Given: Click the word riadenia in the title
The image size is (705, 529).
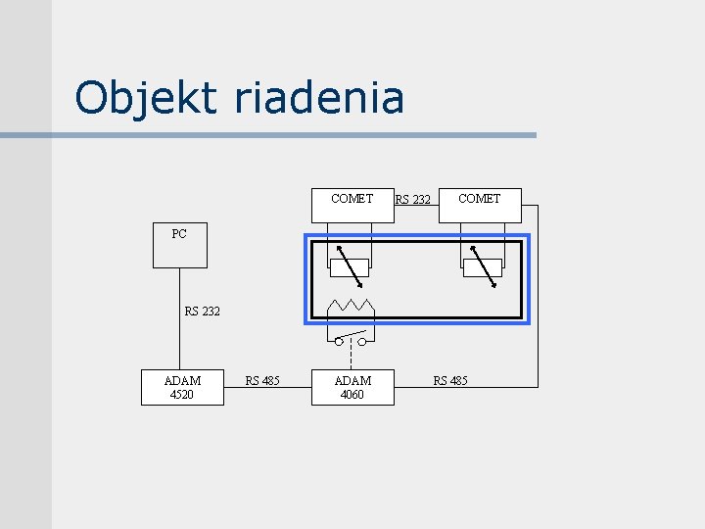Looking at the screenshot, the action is (x=319, y=98).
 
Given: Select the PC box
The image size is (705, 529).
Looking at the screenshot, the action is (x=180, y=246).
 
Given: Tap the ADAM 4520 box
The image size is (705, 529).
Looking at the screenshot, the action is (x=182, y=387).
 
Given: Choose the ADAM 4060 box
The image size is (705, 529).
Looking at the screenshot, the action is (x=352, y=387).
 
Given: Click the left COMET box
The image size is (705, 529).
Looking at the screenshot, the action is (x=352, y=205).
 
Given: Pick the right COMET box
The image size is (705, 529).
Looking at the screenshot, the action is (x=480, y=205).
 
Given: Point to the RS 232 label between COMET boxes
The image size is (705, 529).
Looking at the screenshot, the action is (x=412, y=200).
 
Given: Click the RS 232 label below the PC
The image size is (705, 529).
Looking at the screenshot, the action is (x=203, y=312).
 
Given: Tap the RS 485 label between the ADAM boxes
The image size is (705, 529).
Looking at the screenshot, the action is (x=262, y=380).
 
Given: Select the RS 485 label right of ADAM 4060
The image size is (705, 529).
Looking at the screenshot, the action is (x=450, y=380).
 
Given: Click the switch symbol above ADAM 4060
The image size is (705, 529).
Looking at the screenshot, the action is (x=351, y=339).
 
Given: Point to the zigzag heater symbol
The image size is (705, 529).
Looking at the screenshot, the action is (x=351, y=305).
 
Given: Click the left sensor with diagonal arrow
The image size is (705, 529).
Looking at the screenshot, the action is (x=350, y=267).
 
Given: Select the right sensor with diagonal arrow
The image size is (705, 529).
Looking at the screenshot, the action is (x=482, y=267).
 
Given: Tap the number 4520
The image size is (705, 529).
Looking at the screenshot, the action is (x=182, y=395).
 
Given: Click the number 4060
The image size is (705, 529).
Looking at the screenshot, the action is (x=352, y=395).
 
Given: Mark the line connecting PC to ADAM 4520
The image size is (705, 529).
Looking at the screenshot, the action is (x=180, y=338).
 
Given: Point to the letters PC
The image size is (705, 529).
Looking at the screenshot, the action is (x=179, y=234).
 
